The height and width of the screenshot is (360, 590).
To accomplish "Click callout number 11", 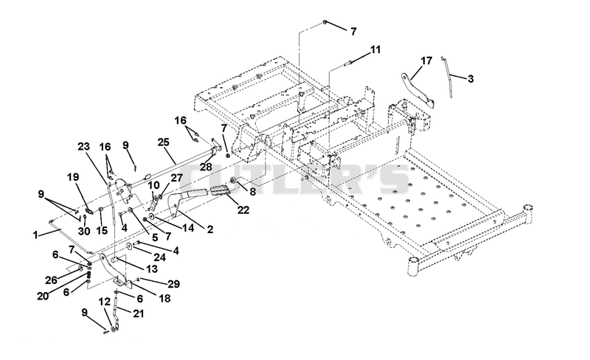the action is point(375,49).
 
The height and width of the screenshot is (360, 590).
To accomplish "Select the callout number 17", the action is point(426,60).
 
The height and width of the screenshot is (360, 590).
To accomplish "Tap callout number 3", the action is point(471,79).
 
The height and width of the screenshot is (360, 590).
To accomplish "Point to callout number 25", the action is point(163,142).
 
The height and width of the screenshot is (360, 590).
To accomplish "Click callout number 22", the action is point(243,210).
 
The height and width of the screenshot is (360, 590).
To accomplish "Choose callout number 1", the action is point(35,235).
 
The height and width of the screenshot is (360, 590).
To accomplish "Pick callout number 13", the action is point(152,269).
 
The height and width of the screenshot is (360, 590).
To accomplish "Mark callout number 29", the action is point(173,284).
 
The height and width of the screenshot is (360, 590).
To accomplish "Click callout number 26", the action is point(51,280).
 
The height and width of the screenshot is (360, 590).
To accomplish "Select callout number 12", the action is point(105,302).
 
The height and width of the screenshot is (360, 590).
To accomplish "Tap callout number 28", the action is point(206,167).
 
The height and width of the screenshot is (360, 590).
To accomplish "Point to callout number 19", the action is point(73,176).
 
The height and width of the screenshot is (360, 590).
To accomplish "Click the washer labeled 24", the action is point(128,246).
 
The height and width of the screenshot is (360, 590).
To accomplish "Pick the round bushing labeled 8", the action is point(233,181).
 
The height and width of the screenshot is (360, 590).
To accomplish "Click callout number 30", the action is point(84,231).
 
